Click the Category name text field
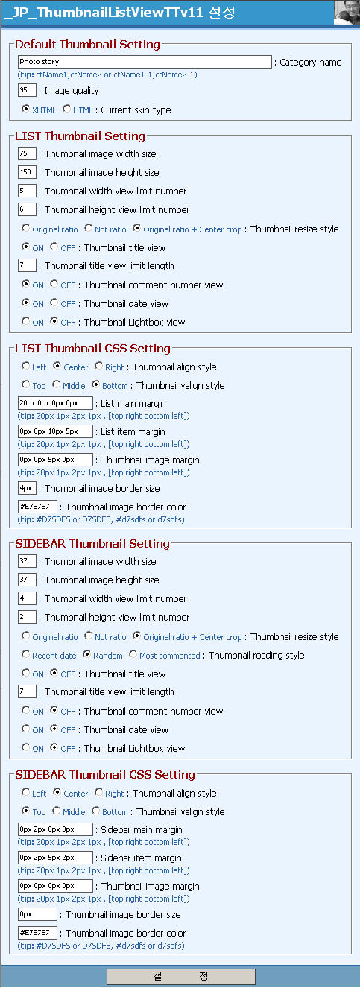coord(145,62)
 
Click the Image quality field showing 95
coord(27,90)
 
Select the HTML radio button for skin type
coord(67,110)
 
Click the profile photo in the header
coord(346,13)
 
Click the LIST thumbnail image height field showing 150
coord(27,172)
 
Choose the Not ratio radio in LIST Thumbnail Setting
coord(89,229)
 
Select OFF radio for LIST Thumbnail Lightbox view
coord(54,322)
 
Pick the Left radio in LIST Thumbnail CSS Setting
coord(26,367)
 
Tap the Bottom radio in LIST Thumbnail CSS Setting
coord(96,385)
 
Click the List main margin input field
coord(55,403)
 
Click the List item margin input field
coord(55,431)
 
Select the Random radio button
coord(87,655)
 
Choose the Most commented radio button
coord(133,655)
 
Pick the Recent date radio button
coord(26,655)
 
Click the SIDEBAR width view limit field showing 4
coord(27,598)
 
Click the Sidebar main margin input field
coord(55,829)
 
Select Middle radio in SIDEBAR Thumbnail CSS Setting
coord(57,811)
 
